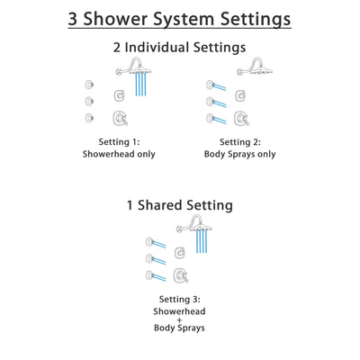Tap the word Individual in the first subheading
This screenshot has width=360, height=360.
pyautogui.click(x=178, y=49)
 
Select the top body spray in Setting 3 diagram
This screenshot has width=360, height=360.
pyautogui.click(x=154, y=241)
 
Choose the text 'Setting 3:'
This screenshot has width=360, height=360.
pyautogui.click(x=180, y=297)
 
